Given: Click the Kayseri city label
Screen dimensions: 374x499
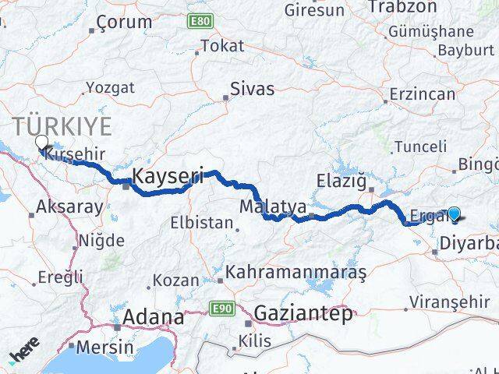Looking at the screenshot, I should pyautogui.click(x=168, y=178).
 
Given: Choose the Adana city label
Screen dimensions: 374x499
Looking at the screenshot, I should pyautogui.click(x=154, y=318).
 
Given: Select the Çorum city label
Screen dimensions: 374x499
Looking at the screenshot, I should pyautogui.click(x=126, y=23).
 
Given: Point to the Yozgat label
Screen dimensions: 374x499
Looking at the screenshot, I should pyautogui.click(x=109, y=87).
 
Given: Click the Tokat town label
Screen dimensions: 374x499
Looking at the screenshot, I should pyautogui.click(x=222, y=46).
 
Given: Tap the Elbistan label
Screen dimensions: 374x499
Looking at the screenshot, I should pyautogui.click(x=202, y=223).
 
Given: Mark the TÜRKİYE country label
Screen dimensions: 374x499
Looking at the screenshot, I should pyautogui.click(x=62, y=126).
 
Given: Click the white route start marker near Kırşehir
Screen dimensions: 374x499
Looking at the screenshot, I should pyautogui.click(x=41, y=142).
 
